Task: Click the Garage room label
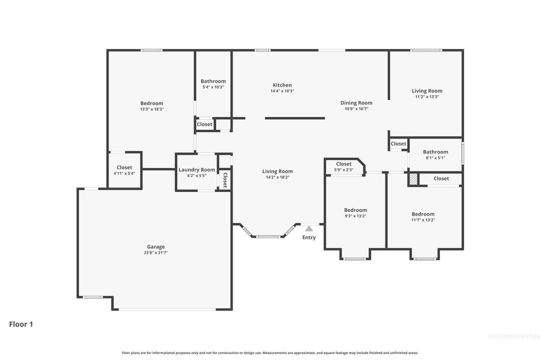pos(156,247)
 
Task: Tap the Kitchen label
pos(282,85)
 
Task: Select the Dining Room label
pos(356,103)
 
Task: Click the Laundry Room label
pos(197,170)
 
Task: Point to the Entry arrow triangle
pos(309,229)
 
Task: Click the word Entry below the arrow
pos(309,238)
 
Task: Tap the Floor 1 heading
pos(21,324)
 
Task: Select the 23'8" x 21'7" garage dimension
pos(156,253)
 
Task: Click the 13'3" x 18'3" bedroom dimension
pos(152,109)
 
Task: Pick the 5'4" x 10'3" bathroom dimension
pos(213,87)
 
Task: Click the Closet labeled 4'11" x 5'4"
pos(124,168)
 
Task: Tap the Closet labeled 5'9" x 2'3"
pos(344,164)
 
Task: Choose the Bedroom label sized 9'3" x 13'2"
pos(355,210)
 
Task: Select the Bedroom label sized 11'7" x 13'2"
pos(423,214)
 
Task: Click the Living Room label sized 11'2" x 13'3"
pos(427,91)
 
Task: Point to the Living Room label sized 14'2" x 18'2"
pos(277,171)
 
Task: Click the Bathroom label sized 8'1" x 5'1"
pos(436,152)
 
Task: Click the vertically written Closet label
pos(225,180)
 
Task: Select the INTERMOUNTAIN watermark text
pos(513,336)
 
